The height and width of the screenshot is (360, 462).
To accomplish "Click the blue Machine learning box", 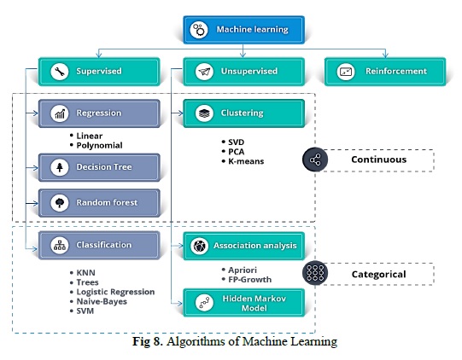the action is (x=243, y=30).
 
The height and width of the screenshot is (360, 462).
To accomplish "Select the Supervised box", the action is (x=99, y=72).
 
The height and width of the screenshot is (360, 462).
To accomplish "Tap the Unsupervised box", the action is (x=243, y=72).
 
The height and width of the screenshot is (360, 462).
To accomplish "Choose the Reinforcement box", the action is (x=385, y=72).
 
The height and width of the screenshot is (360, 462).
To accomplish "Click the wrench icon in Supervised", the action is (x=60, y=72).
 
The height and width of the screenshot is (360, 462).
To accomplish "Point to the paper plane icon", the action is (x=204, y=72).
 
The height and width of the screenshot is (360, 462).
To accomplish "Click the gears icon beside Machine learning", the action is (x=199, y=30).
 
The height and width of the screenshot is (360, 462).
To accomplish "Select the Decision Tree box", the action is (x=99, y=167).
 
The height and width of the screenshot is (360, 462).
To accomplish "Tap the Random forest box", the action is (x=99, y=203).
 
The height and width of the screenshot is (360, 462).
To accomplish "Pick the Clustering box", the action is (x=243, y=113).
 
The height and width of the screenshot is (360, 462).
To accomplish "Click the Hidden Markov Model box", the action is (x=243, y=303).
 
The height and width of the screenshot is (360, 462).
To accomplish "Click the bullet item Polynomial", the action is (x=99, y=145).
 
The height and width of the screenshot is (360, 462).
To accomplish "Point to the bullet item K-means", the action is (x=246, y=161).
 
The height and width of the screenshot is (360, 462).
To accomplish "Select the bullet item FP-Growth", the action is (x=250, y=280).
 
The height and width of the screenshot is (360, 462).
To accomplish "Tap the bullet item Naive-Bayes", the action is (x=102, y=302).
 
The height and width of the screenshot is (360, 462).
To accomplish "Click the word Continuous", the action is (x=378, y=160).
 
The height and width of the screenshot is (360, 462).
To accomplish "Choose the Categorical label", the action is (x=378, y=275).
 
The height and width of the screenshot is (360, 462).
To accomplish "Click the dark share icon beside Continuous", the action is (x=315, y=160).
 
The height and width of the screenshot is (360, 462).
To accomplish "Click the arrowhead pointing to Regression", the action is (x=36, y=113).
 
